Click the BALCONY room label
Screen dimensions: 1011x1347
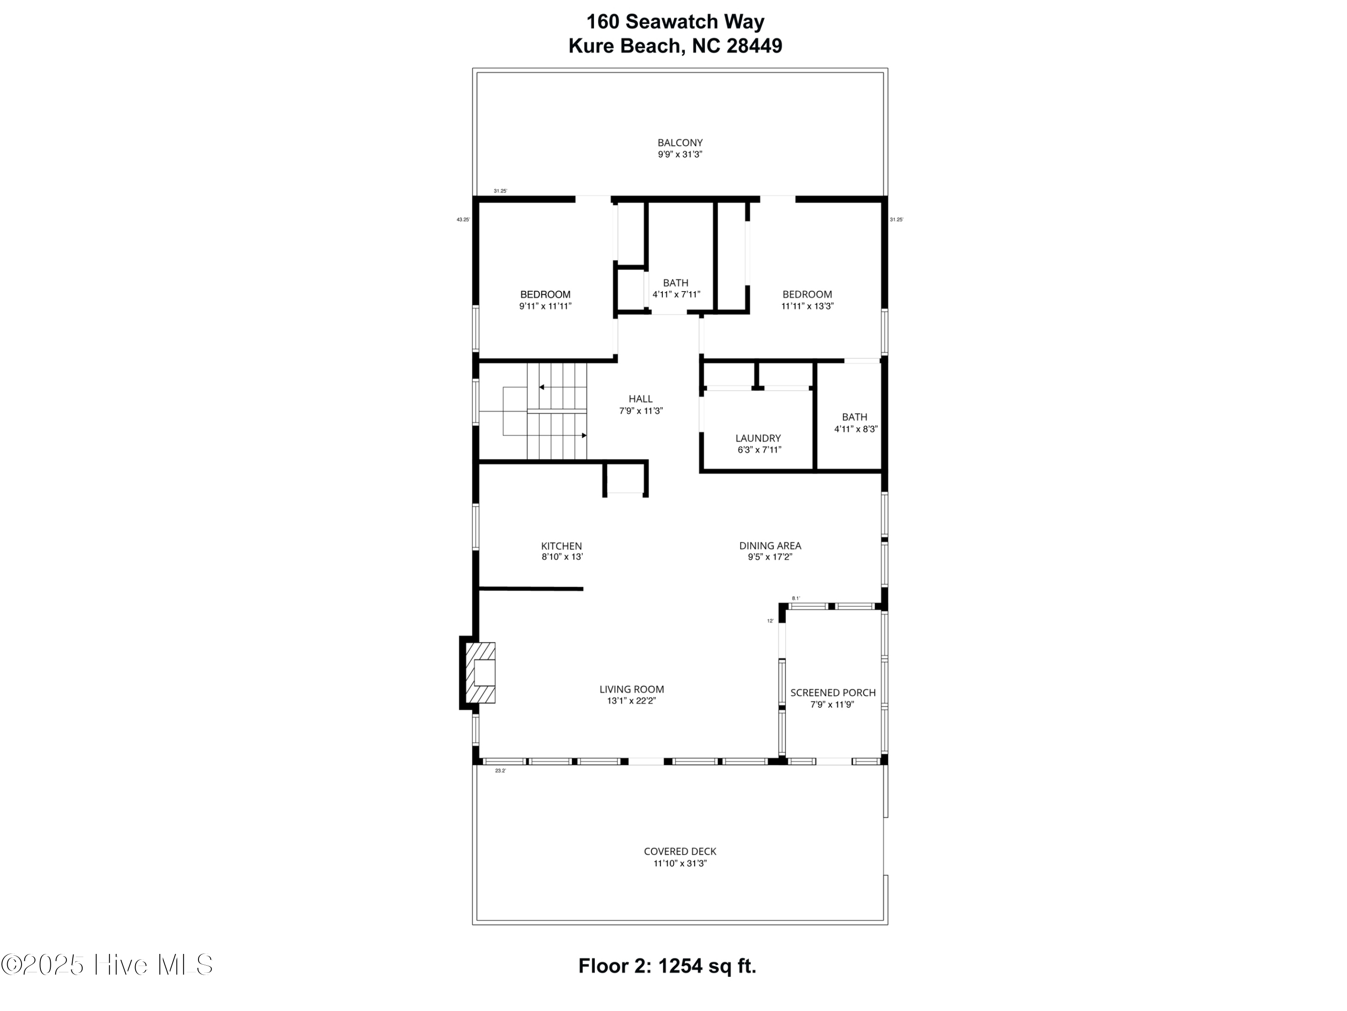tap(680, 142)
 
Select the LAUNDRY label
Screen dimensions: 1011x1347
tap(757, 438)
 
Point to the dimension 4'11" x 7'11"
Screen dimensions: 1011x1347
tap(676, 294)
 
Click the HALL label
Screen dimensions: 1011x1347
tap(641, 399)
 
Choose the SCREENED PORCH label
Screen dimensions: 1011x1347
tap(832, 692)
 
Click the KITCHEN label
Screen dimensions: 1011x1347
tap(561, 546)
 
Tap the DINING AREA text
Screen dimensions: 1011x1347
tap(770, 545)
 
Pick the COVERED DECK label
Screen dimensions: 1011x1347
tap(680, 851)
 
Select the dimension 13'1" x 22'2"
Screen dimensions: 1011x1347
tap(631, 701)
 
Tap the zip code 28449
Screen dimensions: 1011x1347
tap(754, 46)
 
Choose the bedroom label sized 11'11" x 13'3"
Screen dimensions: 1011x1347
tap(807, 294)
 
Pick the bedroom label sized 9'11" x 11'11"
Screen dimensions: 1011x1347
tap(545, 294)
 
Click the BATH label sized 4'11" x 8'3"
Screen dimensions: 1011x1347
tap(854, 417)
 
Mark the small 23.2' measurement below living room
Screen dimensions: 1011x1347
tap(500, 771)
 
